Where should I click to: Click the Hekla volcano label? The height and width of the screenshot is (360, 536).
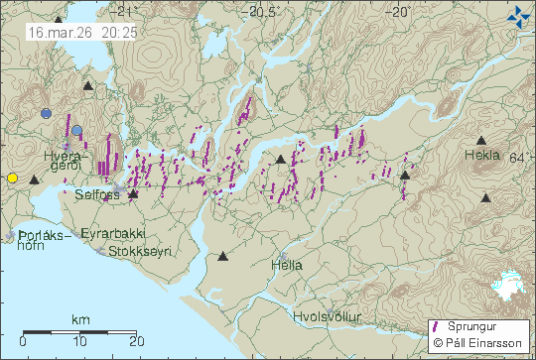482,156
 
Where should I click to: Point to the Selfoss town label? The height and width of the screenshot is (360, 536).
96,195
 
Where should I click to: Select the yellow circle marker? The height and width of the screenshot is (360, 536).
12,178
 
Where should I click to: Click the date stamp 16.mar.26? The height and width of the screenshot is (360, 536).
50,32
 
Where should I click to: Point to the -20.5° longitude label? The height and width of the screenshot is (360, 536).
263,13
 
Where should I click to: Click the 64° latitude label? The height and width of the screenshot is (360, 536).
523,158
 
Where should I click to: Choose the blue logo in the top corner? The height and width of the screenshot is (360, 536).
518,15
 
